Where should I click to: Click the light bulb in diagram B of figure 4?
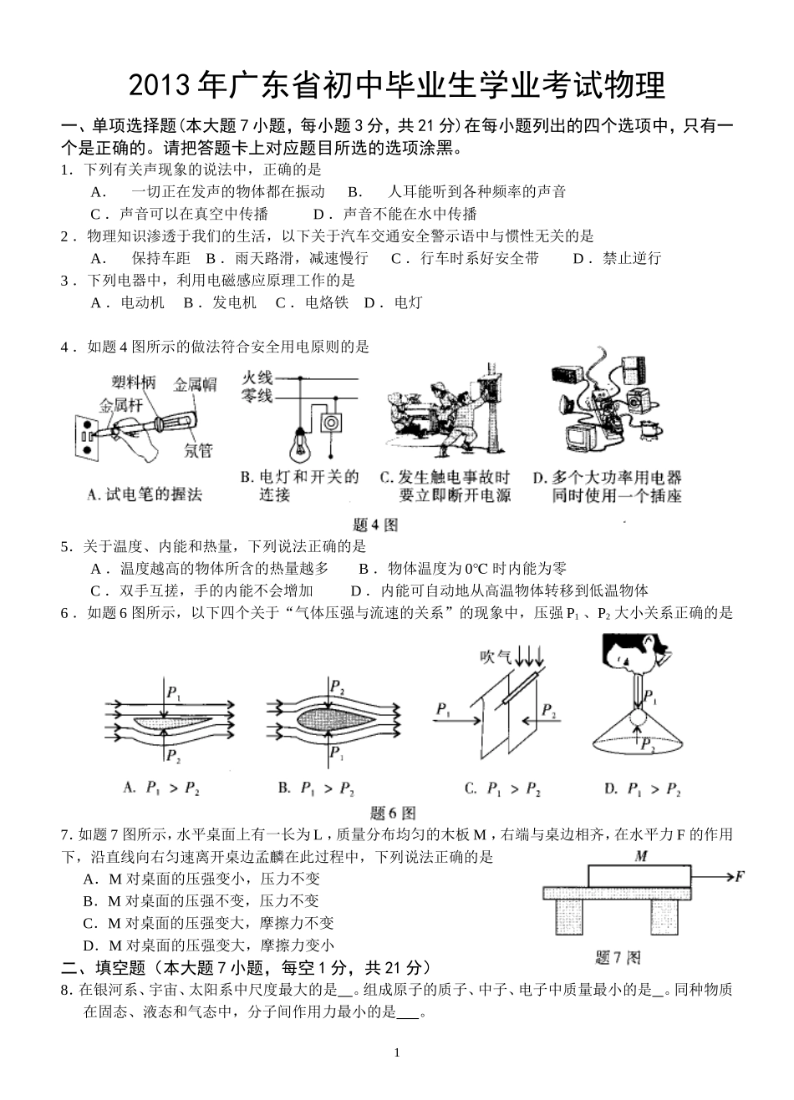(298, 443)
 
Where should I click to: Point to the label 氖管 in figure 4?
(198, 450)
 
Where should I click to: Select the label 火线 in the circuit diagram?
(257, 378)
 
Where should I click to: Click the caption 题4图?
(375, 525)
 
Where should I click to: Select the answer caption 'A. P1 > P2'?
(161, 787)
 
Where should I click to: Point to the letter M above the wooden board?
(641, 856)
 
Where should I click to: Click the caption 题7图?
(617, 957)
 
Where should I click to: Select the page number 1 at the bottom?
(397, 1052)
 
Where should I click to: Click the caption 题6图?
(393, 812)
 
